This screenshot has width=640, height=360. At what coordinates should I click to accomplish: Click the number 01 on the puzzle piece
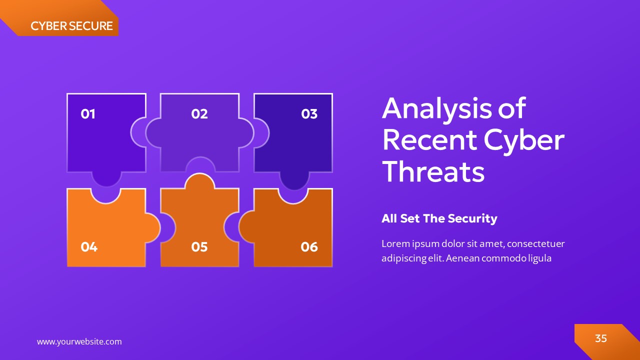point(88,114)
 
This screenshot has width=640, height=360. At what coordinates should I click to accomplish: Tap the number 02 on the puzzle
point(199,114)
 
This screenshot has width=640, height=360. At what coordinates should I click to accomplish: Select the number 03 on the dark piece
point(309,114)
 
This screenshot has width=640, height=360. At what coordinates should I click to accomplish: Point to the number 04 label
point(89,246)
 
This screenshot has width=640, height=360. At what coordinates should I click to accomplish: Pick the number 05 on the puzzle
point(199,246)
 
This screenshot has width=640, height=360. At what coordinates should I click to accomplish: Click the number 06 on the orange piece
point(309,246)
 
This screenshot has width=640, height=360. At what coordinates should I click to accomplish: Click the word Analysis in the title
point(435,108)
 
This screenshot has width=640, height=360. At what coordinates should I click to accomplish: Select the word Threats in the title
point(433,171)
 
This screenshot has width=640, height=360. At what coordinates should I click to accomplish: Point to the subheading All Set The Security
point(439,218)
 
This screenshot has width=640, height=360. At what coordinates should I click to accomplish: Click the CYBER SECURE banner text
point(71,26)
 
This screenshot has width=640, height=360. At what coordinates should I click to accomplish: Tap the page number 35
point(600,338)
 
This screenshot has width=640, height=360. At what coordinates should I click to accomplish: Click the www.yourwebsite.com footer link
point(79,342)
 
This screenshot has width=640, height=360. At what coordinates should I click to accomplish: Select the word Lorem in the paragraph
point(395,244)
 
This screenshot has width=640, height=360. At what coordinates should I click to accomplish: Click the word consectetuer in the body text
point(536,244)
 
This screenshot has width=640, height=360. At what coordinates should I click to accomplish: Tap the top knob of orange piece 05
point(200,181)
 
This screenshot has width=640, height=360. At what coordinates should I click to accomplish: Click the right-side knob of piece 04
point(153,228)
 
